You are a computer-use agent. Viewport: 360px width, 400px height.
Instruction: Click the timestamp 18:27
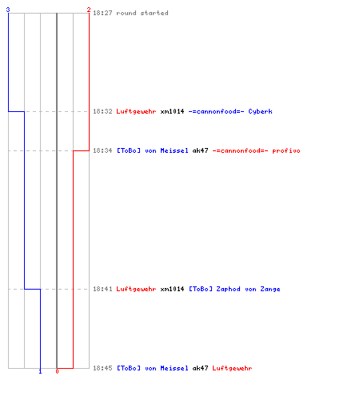pos(102,13)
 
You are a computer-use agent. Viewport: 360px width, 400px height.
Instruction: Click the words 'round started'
pos(142,13)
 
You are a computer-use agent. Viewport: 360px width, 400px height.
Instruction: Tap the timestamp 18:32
pos(102,111)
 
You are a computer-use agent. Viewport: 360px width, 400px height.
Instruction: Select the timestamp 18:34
pos(102,150)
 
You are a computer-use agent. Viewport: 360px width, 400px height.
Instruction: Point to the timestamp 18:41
pos(102,289)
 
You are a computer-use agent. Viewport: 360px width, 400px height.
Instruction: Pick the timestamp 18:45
pos(102,368)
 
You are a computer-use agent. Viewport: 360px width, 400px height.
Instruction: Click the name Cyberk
pos(260,111)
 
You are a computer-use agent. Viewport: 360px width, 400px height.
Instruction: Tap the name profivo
pos(286,150)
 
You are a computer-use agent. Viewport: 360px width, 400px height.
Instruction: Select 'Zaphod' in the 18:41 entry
pos(228,289)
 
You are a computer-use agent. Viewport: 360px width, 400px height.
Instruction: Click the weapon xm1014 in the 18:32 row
pos(172,111)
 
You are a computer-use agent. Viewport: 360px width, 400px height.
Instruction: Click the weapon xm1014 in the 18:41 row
pos(172,289)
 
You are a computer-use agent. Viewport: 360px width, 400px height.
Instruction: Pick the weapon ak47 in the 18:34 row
pos(200,150)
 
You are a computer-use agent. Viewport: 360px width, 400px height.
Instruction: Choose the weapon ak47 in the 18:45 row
pos(200,368)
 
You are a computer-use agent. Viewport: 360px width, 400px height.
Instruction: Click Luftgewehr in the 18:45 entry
pos(232,368)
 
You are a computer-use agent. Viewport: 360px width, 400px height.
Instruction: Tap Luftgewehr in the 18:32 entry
pos(136,111)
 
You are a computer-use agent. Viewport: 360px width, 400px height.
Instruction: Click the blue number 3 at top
pos(8,10)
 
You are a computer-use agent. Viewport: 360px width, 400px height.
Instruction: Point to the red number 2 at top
pos(89,10)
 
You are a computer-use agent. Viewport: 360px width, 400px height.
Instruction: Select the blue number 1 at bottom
pos(40,371)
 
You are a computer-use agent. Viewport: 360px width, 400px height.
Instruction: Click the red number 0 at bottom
pos(57,371)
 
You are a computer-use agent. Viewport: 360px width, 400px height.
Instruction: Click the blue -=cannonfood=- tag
pos(216,111)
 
